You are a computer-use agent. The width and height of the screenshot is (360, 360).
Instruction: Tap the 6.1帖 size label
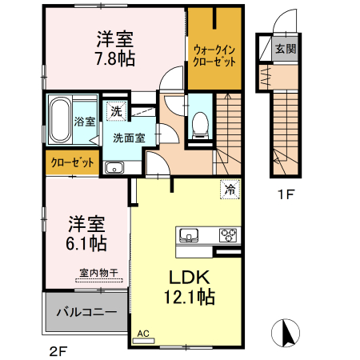point(86,240)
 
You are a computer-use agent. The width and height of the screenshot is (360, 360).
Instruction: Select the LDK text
point(188,277)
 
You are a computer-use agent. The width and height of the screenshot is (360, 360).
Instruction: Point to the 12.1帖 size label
point(190,298)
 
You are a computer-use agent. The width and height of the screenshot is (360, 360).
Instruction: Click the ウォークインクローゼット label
point(214,54)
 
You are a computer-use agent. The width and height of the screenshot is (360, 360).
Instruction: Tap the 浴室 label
point(85,122)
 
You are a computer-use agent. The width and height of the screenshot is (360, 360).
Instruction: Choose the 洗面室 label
point(128,137)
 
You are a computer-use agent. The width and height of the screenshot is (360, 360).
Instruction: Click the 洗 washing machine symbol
point(118,112)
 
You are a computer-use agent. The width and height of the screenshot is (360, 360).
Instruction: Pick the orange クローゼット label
point(73,162)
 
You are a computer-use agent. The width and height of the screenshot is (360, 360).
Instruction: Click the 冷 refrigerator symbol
point(230,190)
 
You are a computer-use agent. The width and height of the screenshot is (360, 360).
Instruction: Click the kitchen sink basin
point(190,234)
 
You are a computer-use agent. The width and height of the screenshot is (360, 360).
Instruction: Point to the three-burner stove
point(228,234)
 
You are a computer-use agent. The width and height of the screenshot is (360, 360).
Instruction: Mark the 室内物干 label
point(99,273)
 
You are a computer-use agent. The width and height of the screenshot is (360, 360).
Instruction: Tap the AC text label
point(144,332)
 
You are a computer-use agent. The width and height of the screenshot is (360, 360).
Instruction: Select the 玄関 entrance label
point(286,49)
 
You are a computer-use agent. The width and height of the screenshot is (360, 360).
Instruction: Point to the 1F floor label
point(286,194)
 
